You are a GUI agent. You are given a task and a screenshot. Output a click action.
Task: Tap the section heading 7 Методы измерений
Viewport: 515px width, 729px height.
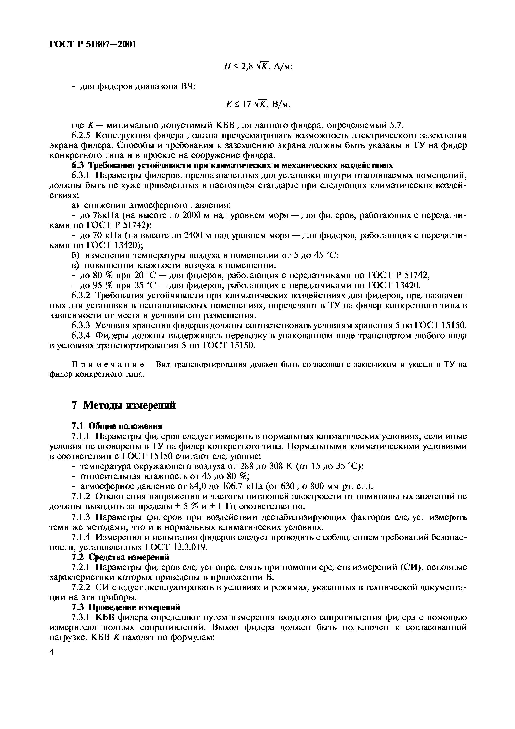click(x=123, y=405)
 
